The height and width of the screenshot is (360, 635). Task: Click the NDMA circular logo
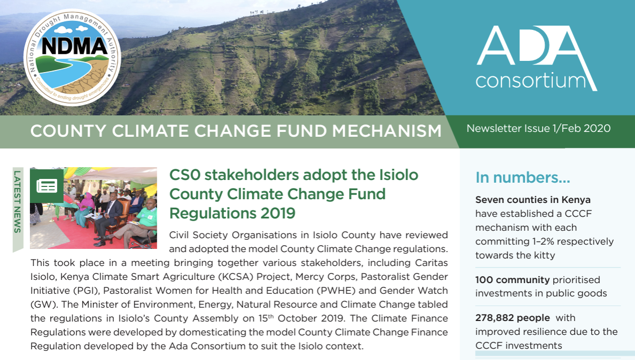pyautogui.click(x=73, y=57)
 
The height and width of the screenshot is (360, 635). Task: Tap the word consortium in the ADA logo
pyautogui.click(x=530, y=81)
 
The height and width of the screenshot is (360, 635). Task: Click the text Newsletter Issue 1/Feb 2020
pyautogui.click(x=538, y=129)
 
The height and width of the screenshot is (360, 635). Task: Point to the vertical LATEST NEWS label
pyautogui.click(x=18, y=201)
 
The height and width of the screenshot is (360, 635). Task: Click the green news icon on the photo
pyautogui.click(x=47, y=186)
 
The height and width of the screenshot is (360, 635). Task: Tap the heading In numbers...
pyautogui.click(x=522, y=177)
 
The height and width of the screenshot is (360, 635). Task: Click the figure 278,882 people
pyautogui.click(x=512, y=318)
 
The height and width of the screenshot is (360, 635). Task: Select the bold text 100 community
pyautogui.click(x=512, y=280)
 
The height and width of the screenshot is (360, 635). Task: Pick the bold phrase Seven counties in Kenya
pyautogui.click(x=533, y=200)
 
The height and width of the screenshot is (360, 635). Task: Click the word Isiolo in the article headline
pyautogui.click(x=399, y=175)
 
